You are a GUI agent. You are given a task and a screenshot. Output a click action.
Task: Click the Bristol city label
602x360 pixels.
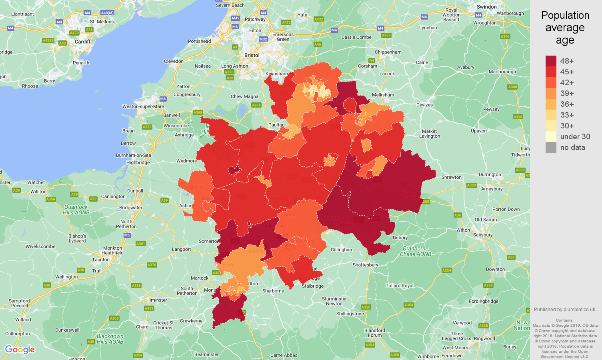coord(252,55)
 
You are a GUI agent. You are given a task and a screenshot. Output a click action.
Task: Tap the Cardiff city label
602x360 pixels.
coord(83,42)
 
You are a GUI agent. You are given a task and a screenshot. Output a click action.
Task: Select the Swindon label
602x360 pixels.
coord(487,7)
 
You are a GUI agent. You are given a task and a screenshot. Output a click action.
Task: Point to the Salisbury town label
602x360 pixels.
coord(483,235)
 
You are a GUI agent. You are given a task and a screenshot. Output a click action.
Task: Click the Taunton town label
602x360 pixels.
coord(101,260)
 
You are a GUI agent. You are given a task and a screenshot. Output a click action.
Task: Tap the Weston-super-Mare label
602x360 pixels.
coord(143,106)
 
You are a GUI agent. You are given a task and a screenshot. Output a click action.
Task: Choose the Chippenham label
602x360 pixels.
coord(388,52)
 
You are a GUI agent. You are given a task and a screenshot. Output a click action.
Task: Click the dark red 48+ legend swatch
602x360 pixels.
coord(551,61)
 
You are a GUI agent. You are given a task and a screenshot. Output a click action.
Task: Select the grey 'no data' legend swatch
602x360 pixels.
coord(551,147)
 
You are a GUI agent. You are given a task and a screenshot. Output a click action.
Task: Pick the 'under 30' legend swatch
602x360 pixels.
coord(551,136)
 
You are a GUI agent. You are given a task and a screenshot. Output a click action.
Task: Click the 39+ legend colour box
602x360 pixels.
coord(551,93)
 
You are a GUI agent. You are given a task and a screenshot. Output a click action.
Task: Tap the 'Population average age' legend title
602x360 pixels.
coord(565,28)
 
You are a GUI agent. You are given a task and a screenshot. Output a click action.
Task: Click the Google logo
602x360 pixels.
coord(20,350)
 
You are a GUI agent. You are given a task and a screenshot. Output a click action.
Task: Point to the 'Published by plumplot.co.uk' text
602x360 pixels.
coord(565,309)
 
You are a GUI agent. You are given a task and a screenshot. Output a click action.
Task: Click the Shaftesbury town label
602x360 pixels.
coord(365,265)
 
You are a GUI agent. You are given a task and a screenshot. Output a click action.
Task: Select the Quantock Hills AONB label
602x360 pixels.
coord(76,210)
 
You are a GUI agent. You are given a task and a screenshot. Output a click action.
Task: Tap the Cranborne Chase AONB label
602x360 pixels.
coord(416,251)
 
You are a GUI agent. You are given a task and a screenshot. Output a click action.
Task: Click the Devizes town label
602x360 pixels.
coord(424,105)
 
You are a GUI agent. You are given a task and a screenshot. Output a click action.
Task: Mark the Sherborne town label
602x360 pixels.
coord(273,291)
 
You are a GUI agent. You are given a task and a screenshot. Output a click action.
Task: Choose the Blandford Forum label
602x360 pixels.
coord(375,333)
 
